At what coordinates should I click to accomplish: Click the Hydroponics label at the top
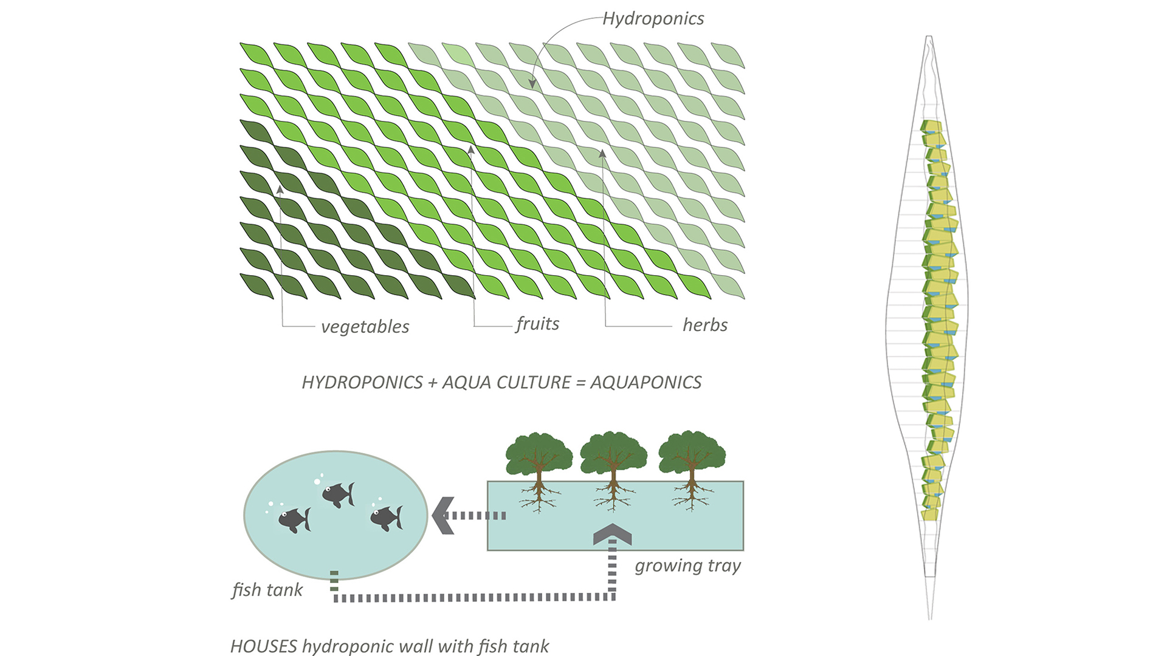653,19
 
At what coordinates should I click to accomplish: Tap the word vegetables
365,327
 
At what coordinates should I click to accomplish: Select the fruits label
537,324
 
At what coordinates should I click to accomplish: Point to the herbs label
704,325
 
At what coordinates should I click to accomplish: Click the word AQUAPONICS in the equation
645,382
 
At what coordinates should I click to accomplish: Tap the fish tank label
267,590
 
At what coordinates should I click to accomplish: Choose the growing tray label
687,565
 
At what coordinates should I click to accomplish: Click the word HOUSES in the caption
264,646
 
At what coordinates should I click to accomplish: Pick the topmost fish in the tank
338,494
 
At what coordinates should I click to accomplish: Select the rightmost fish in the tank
386,518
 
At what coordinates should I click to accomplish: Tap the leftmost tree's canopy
539,453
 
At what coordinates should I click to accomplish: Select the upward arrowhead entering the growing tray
613,534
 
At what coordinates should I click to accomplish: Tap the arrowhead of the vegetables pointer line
280,190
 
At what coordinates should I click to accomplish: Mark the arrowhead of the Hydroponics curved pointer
532,84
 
